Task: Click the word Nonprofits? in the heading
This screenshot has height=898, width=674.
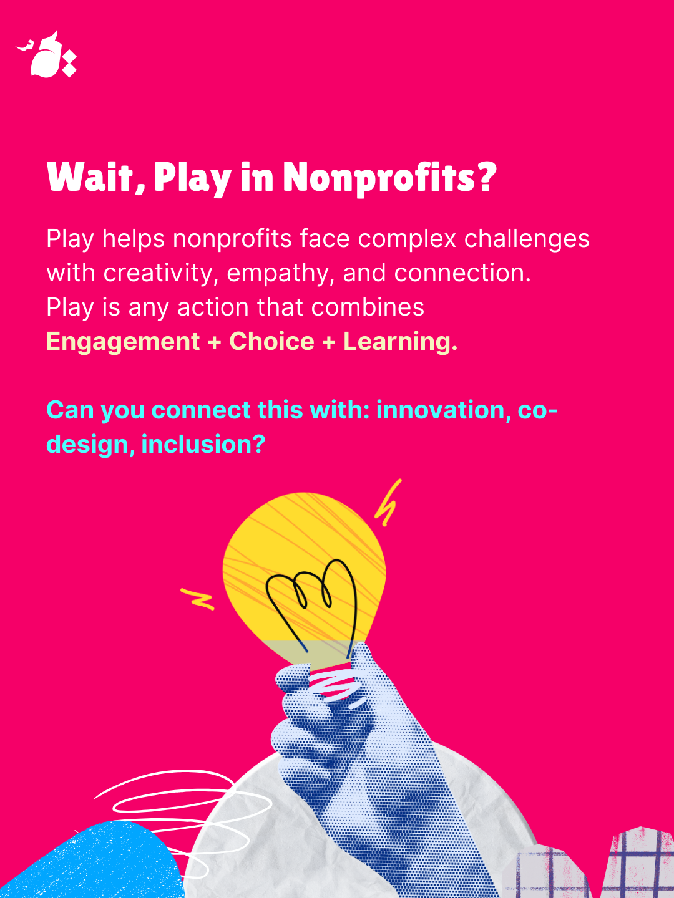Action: pyautogui.click(x=389, y=176)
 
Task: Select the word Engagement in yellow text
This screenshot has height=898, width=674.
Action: pyautogui.click(x=123, y=341)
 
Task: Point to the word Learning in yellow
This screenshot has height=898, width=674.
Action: pyautogui.click(x=400, y=341)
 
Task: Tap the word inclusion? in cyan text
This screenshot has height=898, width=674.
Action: pyautogui.click(x=203, y=444)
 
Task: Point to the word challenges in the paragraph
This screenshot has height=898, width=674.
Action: pyautogui.click(x=527, y=238)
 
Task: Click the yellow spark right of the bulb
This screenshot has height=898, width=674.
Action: pyautogui.click(x=388, y=503)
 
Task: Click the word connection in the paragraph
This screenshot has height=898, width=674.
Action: pyautogui.click(x=462, y=273)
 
